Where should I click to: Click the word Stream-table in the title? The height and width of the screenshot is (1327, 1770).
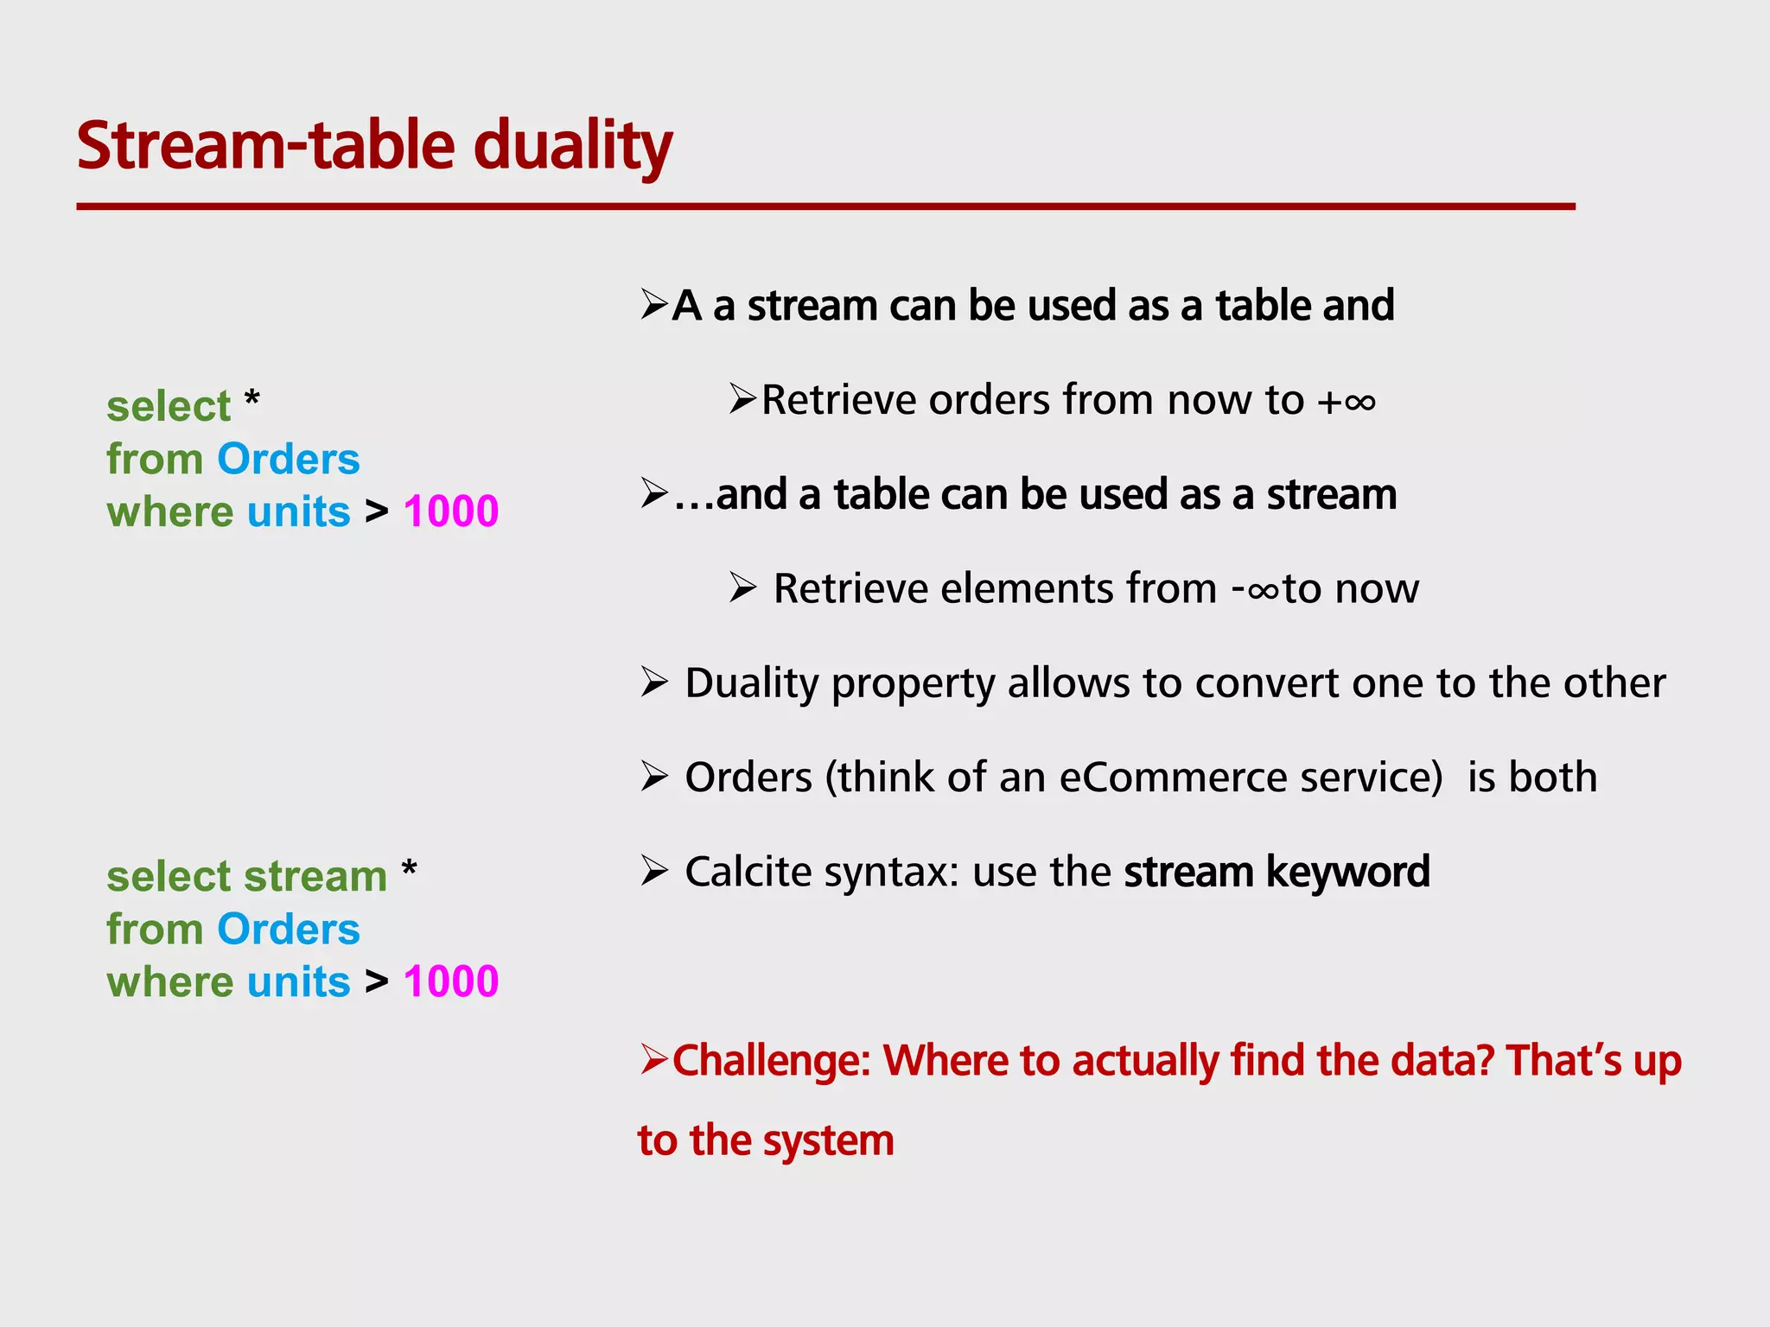(265, 145)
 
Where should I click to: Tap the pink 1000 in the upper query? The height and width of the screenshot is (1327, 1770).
(450, 511)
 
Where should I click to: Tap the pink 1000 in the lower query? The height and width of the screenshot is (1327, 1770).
(450, 981)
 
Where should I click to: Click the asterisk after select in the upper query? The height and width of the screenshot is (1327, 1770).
(251, 401)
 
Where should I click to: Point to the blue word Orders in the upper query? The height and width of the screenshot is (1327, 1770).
(288, 459)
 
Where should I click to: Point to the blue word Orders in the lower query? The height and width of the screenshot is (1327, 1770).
(288, 930)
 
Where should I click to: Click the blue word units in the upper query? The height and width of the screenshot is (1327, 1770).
(298, 511)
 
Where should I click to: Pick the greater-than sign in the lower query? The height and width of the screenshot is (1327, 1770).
(376, 982)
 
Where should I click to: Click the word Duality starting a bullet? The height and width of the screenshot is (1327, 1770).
(751, 683)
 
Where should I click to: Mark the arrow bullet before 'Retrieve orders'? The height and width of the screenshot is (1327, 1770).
(742, 399)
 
